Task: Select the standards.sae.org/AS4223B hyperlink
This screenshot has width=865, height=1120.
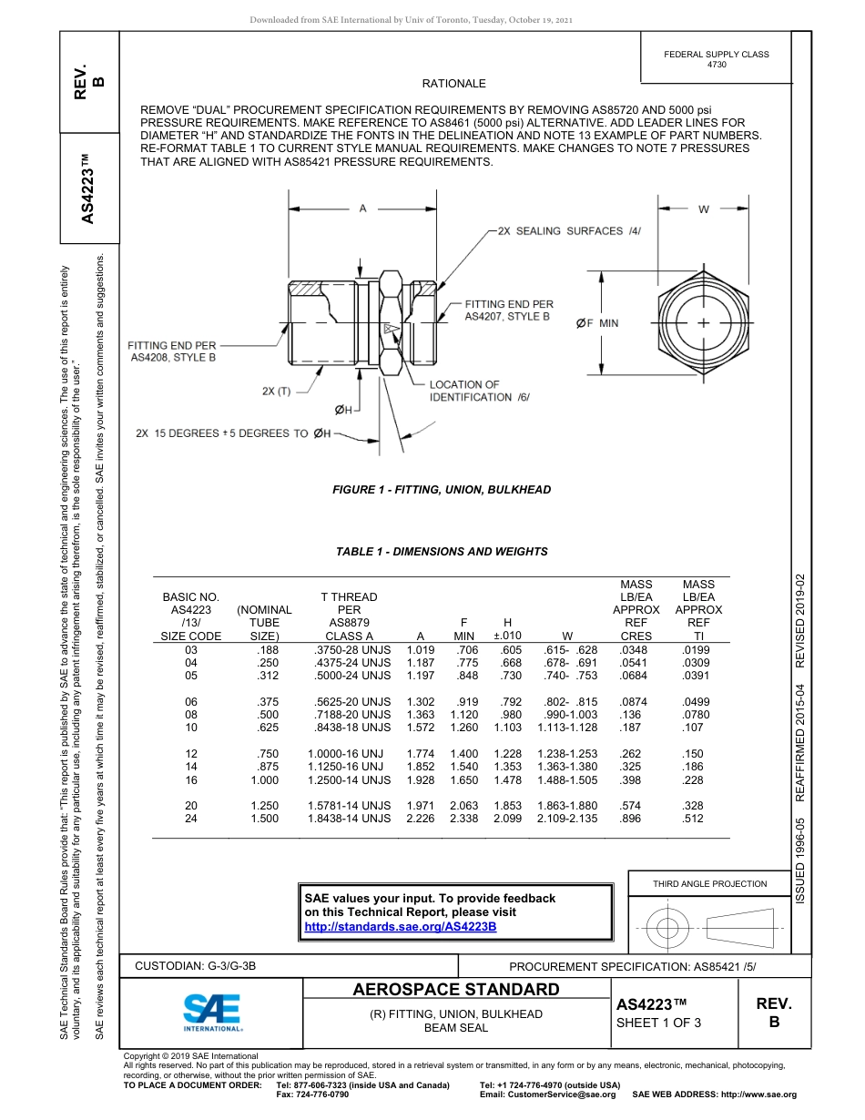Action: [400, 927]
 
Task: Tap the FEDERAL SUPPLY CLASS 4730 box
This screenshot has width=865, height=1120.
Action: [717, 59]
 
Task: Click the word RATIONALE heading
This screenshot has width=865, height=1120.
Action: [453, 84]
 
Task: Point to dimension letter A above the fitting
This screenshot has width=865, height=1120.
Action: [362, 209]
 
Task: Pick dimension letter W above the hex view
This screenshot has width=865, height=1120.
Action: [704, 209]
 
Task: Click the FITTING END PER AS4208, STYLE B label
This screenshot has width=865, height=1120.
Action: [172, 351]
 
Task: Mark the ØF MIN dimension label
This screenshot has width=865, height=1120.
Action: [596, 323]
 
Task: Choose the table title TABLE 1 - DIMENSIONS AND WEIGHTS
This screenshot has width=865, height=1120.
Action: [442, 552]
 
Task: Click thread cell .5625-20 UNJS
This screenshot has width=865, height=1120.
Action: [351, 702]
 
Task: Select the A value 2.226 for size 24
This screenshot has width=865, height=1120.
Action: [420, 819]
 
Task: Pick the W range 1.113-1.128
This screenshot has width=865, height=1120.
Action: [567, 728]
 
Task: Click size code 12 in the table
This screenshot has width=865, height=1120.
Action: [191, 754]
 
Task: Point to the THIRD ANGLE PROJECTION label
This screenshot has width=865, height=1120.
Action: [709, 883]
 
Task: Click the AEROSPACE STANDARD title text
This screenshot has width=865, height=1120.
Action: [456, 990]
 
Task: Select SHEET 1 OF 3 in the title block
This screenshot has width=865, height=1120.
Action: [658, 1023]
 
